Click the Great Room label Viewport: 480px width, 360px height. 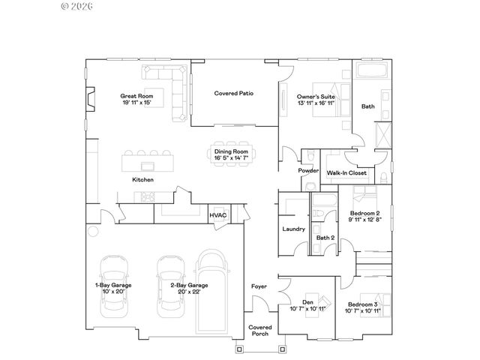(138, 96)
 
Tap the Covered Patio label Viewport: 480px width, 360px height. (234, 94)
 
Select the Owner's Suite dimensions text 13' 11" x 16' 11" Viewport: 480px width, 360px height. (315, 103)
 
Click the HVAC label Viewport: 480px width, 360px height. (217, 215)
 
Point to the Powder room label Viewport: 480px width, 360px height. (308, 170)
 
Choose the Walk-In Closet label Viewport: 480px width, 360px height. (346, 173)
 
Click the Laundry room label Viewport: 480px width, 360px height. (292, 229)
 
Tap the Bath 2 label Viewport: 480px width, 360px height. (325, 238)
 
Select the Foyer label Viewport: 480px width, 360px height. (259, 286)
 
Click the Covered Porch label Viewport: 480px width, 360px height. (261, 331)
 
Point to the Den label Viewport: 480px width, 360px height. (307, 302)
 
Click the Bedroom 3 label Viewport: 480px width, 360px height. (363, 304)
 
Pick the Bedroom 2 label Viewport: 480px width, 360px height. (366, 213)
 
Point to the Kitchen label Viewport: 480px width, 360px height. (143, 180)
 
